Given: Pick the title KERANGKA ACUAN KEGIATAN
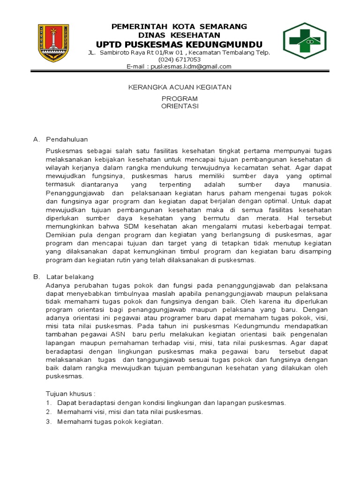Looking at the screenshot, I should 180,87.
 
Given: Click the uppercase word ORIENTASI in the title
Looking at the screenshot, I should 180,106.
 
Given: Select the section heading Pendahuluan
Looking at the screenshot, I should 67,139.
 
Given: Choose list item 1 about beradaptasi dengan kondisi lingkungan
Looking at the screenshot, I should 171,403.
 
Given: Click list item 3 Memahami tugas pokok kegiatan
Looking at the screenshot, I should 110,422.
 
